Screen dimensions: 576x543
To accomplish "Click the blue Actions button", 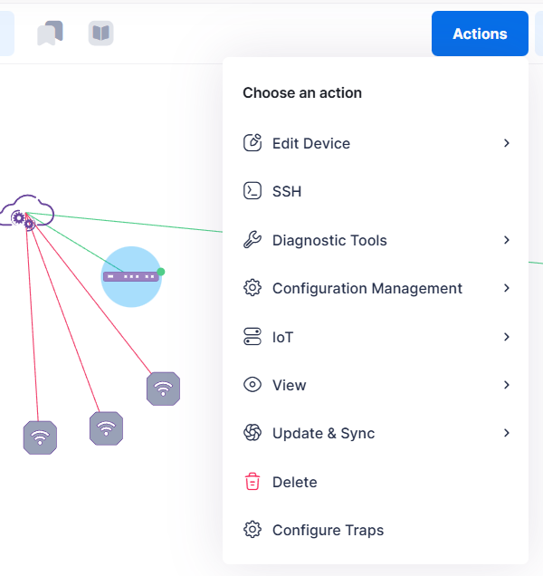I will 480,34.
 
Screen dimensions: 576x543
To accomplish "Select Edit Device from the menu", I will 310,143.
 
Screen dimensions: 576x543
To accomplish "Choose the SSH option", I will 287,192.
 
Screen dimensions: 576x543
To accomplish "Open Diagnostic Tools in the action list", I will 329,240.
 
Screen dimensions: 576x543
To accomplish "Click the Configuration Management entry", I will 367,289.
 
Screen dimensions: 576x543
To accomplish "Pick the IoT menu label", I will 283,337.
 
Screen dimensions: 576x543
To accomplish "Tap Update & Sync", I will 323,434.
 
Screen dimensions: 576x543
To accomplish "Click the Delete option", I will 294,482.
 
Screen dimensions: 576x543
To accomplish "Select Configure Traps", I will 328,531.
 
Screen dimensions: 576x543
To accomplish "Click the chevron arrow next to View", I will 507,385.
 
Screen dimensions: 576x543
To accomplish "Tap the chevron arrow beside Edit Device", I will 507,143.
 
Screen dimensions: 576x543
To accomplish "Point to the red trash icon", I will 252,482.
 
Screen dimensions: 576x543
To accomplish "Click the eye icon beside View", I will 252,385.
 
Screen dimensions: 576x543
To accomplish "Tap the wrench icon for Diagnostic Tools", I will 252,240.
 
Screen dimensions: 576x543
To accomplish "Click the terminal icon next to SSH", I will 252,192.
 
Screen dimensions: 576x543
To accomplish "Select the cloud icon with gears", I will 26,212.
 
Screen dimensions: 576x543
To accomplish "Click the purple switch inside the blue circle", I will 130,276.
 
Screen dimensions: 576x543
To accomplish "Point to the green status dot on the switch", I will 161,271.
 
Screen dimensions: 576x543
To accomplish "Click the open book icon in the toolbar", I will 100,34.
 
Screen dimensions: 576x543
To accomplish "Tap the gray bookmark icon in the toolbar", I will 50,34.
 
